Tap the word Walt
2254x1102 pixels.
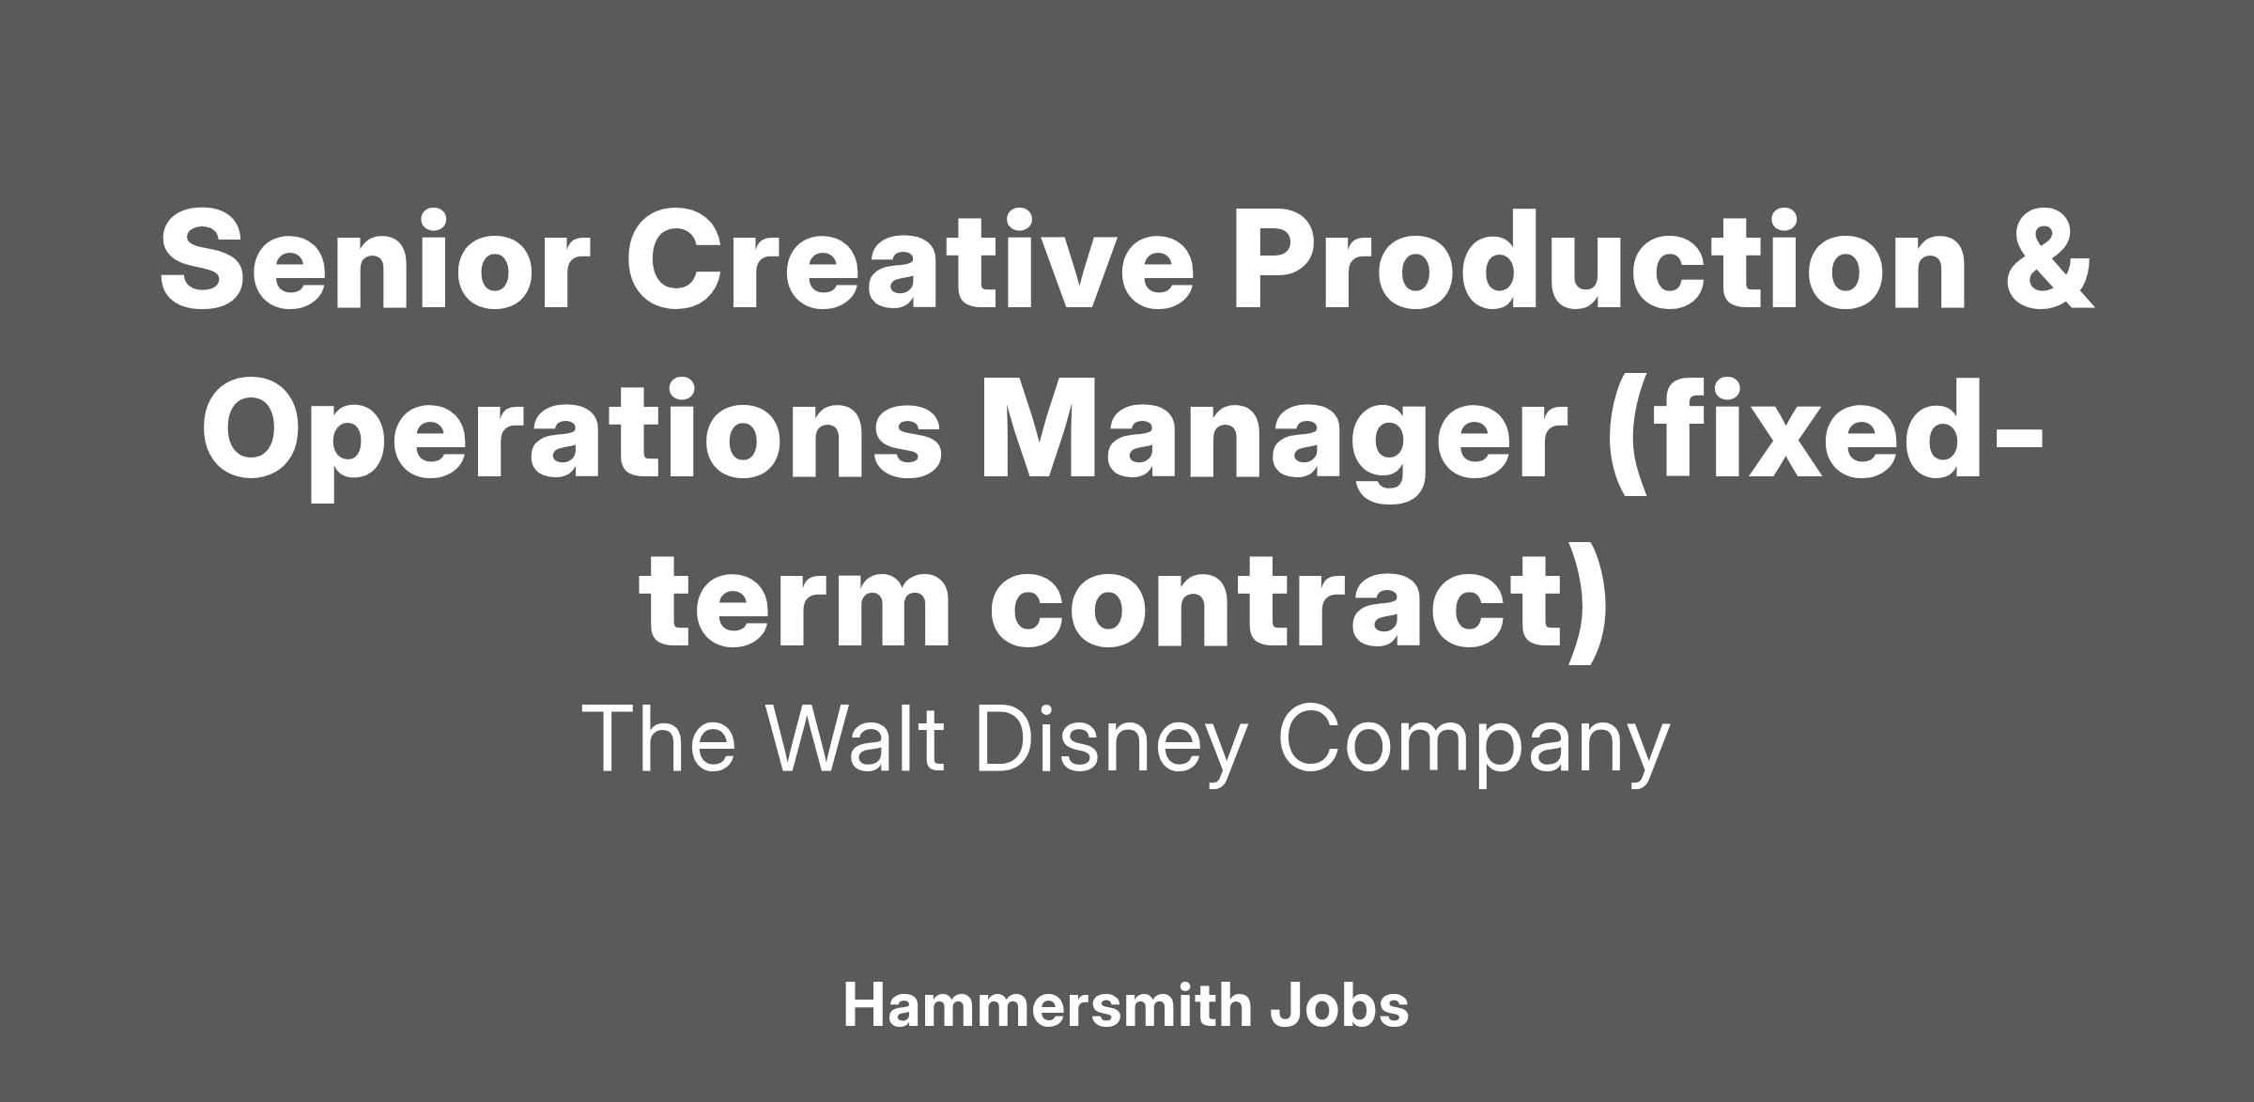855,738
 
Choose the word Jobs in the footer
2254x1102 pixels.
1339,1005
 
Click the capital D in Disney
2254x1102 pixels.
1007,738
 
